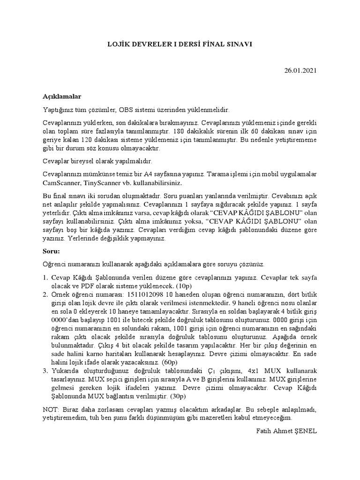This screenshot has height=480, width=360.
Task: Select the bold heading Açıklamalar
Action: [x=62, y=97]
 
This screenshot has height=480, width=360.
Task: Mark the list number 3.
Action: [x=45, y=371]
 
